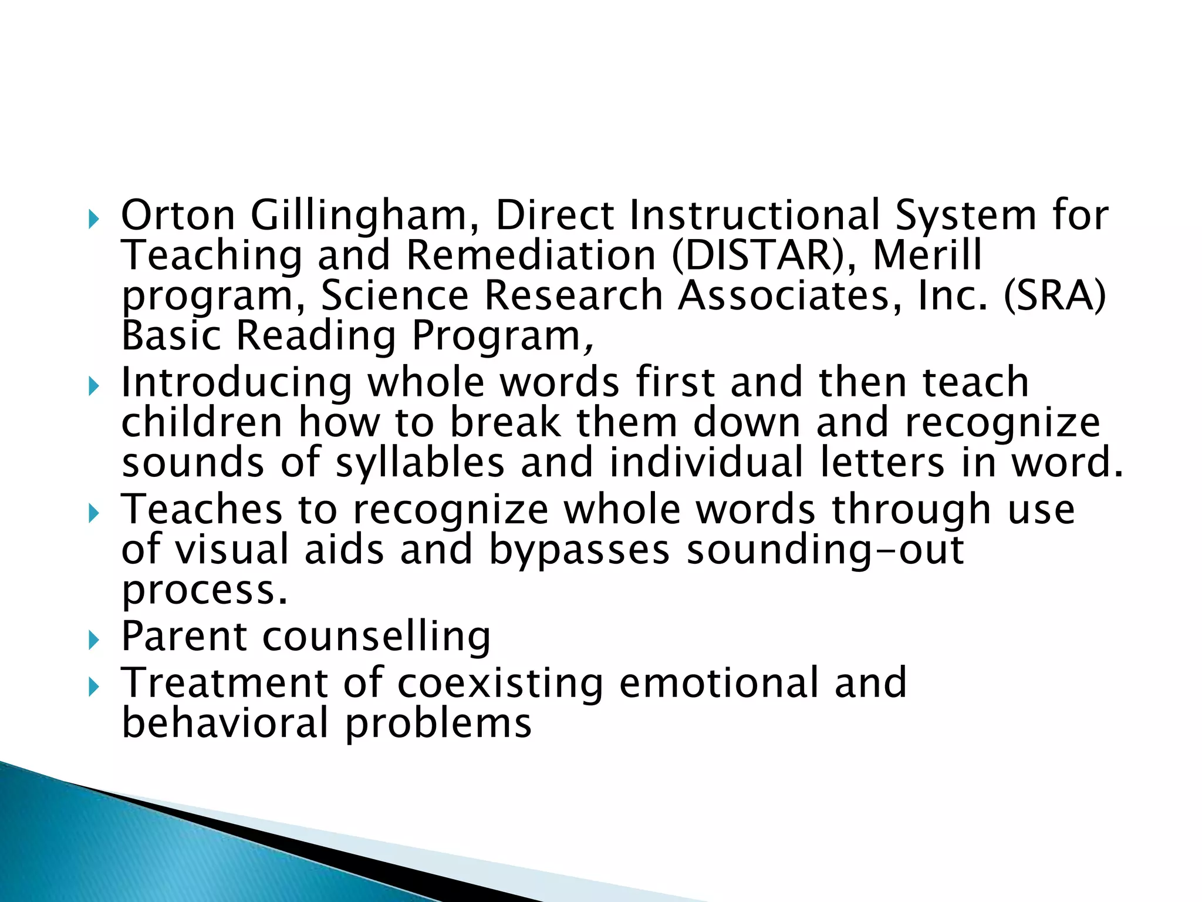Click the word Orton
coord(178,215)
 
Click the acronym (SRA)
coord(1055,295)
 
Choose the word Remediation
coord(531,255)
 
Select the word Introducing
coord(237,383)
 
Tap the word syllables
coord(420,463)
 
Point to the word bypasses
coord(579,551)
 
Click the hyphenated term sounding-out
coord(825,551)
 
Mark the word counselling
coord(376,637)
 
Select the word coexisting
coord(500,684)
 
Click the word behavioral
coord(225,722)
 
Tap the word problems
coord(438,723)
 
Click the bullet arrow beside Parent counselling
coord(93,640)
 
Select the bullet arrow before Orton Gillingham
coord(93,220)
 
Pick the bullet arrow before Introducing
coord(93,387)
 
